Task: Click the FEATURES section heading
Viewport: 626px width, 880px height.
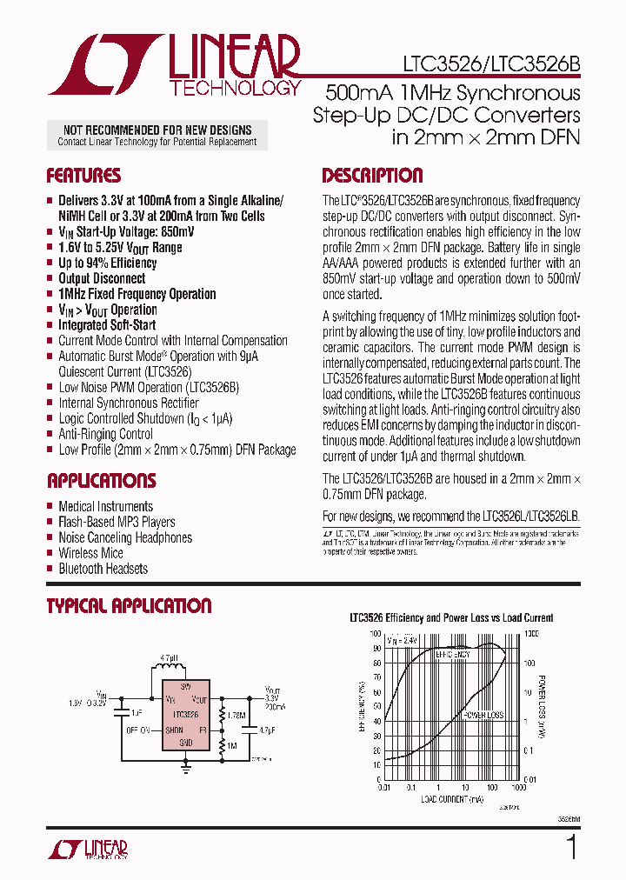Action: [83, 176]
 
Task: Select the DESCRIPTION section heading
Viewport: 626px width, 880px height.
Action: [372, 176]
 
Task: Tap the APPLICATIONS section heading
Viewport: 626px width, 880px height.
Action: [101, 481]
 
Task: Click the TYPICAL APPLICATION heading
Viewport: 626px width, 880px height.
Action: [129, 606]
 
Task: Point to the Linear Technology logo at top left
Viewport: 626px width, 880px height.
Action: [174, 65]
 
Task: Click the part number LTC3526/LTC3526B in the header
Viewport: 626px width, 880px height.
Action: [491, 64]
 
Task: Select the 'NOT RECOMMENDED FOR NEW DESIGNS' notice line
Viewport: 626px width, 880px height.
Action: [157, 130]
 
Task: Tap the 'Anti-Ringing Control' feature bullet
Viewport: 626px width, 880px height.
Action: [105, 434]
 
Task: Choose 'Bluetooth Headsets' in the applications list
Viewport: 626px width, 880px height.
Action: [103, 569]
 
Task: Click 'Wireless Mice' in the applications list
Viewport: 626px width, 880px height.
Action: [90, 553]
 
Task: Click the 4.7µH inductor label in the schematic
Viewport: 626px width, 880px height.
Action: [170, 659]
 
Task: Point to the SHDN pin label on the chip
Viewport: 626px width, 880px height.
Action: [175, 730]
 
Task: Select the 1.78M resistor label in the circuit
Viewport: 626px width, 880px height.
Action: [236, 715]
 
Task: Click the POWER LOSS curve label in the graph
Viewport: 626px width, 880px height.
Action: [482, 714]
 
